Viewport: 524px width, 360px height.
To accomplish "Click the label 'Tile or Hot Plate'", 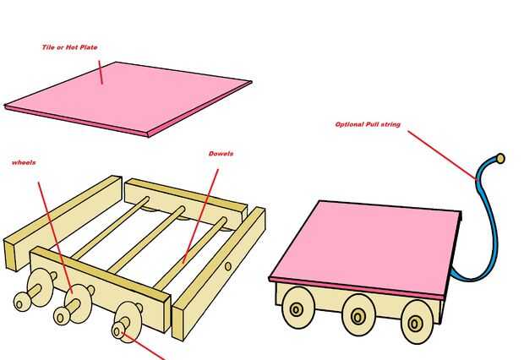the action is coord(69,47).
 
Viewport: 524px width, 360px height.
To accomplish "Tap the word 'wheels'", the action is coord(24,162).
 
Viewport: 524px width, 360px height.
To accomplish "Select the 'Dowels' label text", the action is coord(221,154).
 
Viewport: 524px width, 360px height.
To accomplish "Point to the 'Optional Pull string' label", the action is coord(368,124).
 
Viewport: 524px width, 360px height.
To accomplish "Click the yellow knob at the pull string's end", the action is coord(500,158).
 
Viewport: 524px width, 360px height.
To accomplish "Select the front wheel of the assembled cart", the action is coord(417,322).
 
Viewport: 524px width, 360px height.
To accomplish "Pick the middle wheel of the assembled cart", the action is coord(358,315).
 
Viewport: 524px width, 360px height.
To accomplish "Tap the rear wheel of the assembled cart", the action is coord(298,308).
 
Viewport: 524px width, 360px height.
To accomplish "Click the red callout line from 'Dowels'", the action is coord(201,216).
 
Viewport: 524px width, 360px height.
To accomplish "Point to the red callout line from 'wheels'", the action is coord(56,238).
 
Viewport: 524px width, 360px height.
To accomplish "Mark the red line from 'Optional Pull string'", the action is coord(443,155).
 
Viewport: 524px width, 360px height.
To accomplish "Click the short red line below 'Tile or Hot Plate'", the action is coord(101,72).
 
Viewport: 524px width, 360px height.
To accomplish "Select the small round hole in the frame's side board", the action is coord(228,266).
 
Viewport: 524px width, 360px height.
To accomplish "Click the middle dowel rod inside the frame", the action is coord(147,239).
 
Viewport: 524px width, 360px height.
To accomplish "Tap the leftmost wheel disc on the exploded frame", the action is coord(40,287).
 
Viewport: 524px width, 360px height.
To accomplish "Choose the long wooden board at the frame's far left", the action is coord(63,222).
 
